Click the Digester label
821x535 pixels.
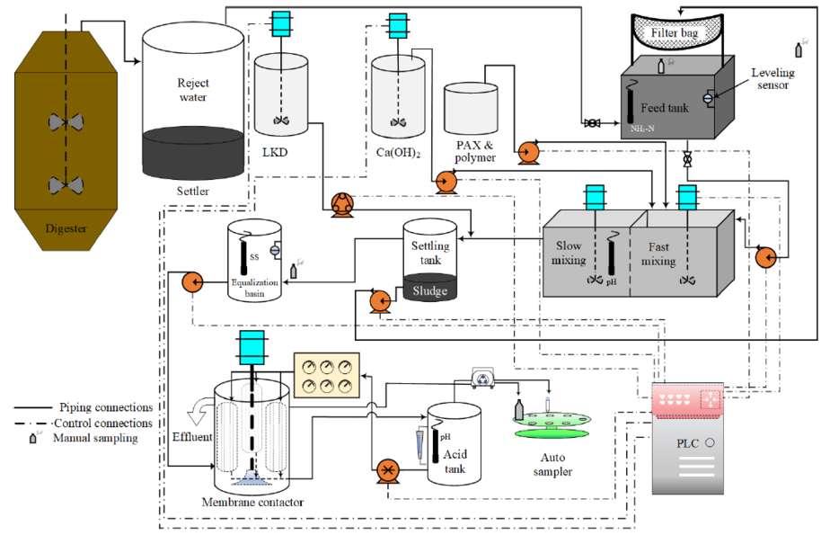(66, 228)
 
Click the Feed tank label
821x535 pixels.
(666, 107)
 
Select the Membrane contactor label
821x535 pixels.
(253, 502)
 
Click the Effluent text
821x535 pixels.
(190, 438)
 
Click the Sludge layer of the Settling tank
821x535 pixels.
(430, 290)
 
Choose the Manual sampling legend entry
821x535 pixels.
(93, 438)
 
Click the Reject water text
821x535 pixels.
(192, 90)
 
